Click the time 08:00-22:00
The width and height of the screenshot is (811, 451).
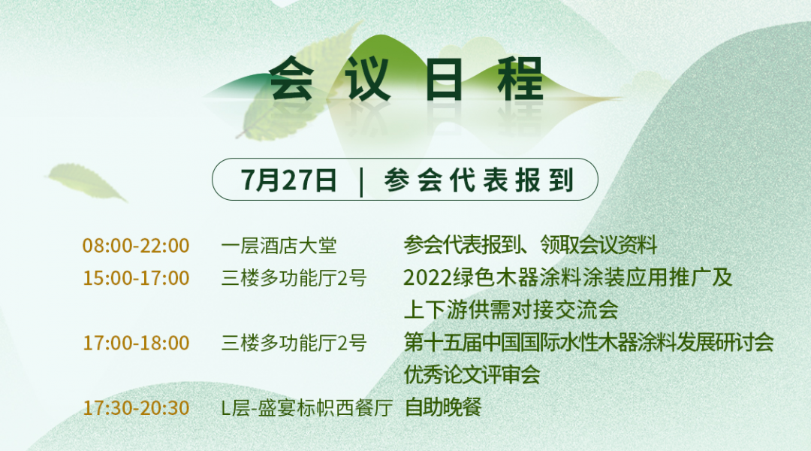136,246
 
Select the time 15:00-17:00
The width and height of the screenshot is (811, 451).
136,278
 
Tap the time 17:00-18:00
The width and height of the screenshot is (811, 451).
136,343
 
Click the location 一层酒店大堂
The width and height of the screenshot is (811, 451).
279,246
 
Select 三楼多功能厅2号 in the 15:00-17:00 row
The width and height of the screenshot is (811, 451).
294,278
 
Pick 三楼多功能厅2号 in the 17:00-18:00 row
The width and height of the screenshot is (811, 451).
294,343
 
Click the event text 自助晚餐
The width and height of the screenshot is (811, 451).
443,407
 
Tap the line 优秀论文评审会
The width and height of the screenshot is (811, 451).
472,375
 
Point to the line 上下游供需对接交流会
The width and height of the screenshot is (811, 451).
511,310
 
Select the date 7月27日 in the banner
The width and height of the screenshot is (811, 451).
288,180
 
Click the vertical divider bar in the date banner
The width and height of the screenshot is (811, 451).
361,181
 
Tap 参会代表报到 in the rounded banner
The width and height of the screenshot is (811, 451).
479,180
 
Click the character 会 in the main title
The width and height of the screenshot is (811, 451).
291,79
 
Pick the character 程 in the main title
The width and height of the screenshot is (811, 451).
520,79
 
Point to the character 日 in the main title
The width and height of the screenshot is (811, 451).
444,79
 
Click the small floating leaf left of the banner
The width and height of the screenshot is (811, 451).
86,182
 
